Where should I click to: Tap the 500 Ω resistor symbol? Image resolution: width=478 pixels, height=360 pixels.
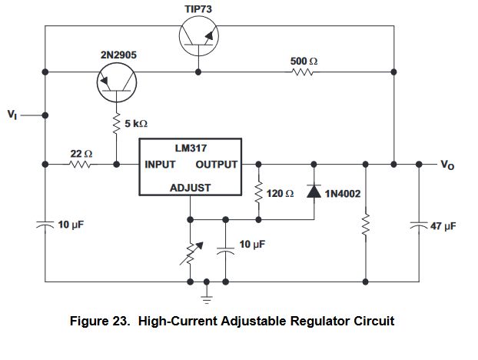pos(302,73)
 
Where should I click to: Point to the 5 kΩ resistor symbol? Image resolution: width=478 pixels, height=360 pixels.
pos(117,123)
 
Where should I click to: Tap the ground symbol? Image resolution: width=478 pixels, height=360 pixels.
pos(206,292)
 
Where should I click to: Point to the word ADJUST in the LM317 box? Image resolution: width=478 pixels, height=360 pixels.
pos(190,188)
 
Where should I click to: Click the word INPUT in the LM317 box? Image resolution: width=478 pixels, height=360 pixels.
pos(160,165)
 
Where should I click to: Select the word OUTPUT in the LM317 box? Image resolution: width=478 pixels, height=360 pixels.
pos(216,165)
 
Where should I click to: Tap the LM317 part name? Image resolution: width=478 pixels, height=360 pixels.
pos(190,147)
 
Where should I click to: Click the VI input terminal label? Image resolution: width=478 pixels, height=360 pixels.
pos(13,115)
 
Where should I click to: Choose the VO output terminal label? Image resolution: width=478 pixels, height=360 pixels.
pos(447,165)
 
